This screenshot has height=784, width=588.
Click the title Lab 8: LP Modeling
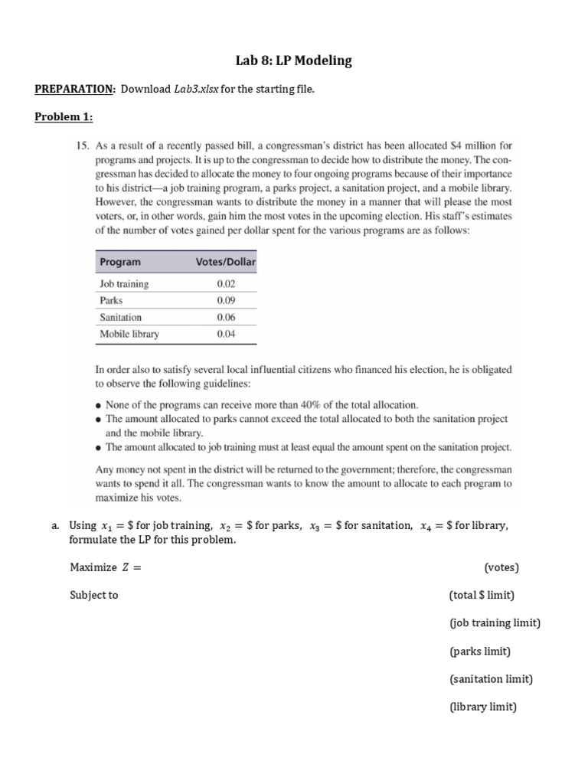pyautogui.click(x=293, y=60)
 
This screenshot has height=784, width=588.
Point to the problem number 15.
pyautogui.click(x=83, y=145)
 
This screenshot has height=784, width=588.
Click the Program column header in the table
pyautogui.click(x=120, y=262)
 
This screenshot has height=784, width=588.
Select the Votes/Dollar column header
pyautogui.click(x=225, y=262)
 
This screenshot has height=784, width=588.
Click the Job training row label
pyautogui.click(x=124, y=283)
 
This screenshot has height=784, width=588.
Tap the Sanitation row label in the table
pyautogui.click(x=120, y=317)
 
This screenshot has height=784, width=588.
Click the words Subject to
pyautogui.click(x=93, y=595)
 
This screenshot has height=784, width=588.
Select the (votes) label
pyautogui.click(x=501, y=567)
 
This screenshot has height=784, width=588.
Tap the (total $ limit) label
pyautogui.click(x=482, y=595)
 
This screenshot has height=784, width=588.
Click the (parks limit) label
pyautogui.click(x=479, y=651)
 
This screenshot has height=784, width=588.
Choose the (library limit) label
pyautogui.click(x=482, y=707)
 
